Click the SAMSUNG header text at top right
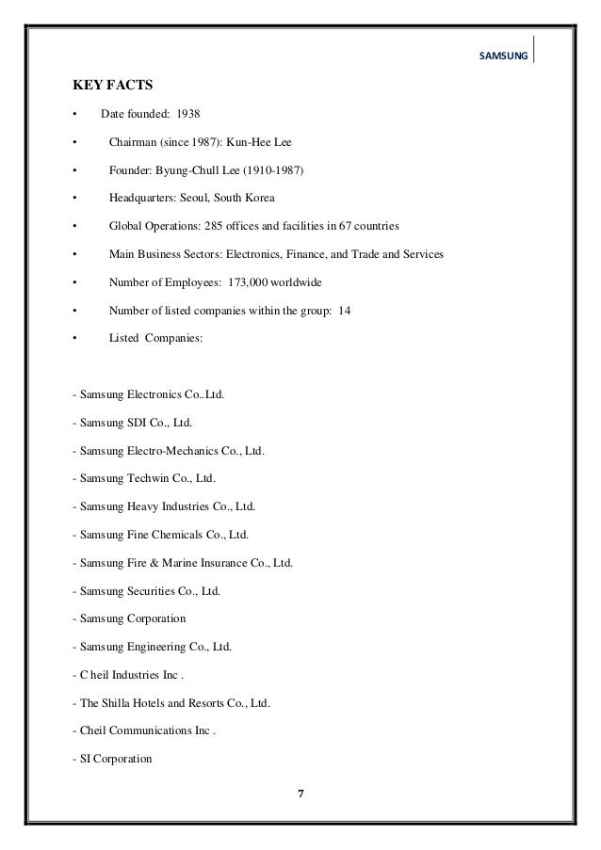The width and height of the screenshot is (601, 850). pyautogui.click(x=505, y=56)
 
